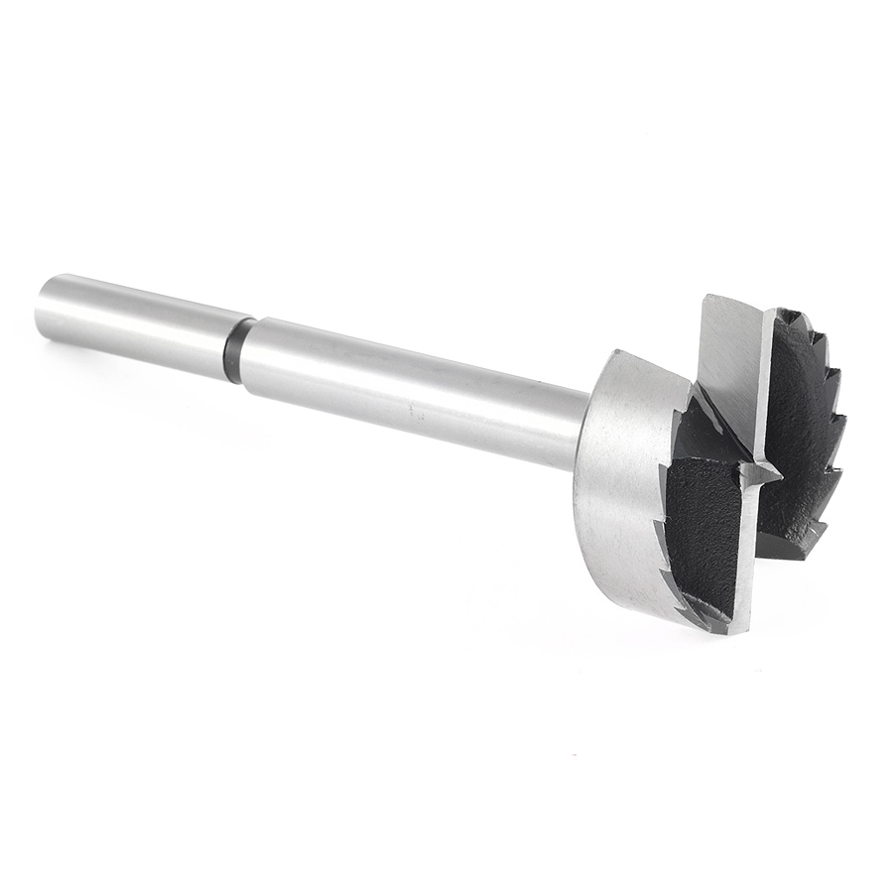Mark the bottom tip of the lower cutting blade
click(x=739, y=630)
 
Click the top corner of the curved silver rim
click(x=617, y=353)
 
